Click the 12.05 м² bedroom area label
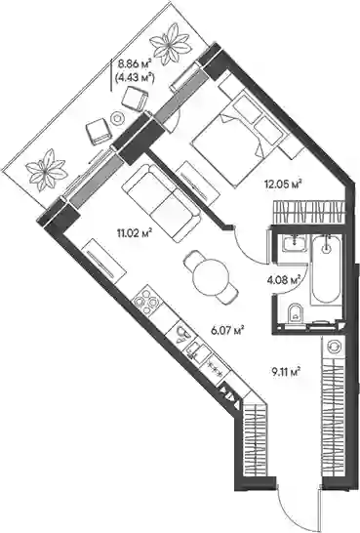coord(284,184)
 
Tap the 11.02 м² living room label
coord(133,233)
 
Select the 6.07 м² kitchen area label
coord(228,330)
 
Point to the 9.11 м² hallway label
coord(286,371)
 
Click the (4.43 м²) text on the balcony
coord(136,78)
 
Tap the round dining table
coord(211,277)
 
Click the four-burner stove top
coord(146,302)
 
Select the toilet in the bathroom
coord(296,314)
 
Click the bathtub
coord(326,269)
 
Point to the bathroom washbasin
coord(295,244)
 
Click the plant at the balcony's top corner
coord(170,44)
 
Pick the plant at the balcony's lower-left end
coord(46,170)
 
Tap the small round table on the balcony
coord(117,118)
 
